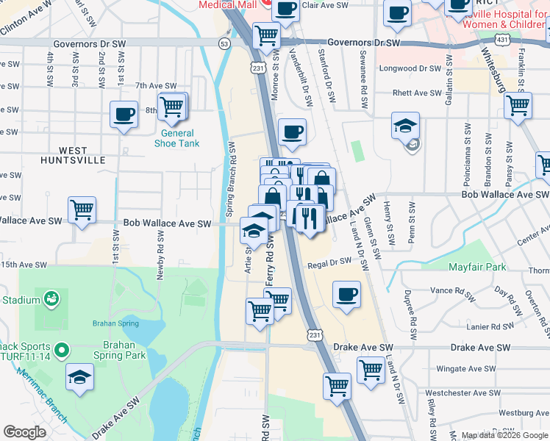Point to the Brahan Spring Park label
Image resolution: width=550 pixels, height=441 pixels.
click(114, 350)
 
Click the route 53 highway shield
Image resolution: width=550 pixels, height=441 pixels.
click(224, 44)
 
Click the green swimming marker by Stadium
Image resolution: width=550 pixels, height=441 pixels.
click(51, 299)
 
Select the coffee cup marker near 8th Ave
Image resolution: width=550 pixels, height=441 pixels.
click(124, 115)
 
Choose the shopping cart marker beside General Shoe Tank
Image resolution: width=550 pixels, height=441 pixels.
click(172, 107)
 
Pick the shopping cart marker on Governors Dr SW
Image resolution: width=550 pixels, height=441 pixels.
click(266, 35)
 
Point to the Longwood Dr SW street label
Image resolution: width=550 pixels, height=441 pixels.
click(409, 68)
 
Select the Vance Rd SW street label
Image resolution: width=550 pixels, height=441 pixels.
click(452, 291)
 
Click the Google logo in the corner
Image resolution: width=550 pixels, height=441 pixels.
click(24, 432)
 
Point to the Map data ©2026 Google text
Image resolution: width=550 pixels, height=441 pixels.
click(504, 435)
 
